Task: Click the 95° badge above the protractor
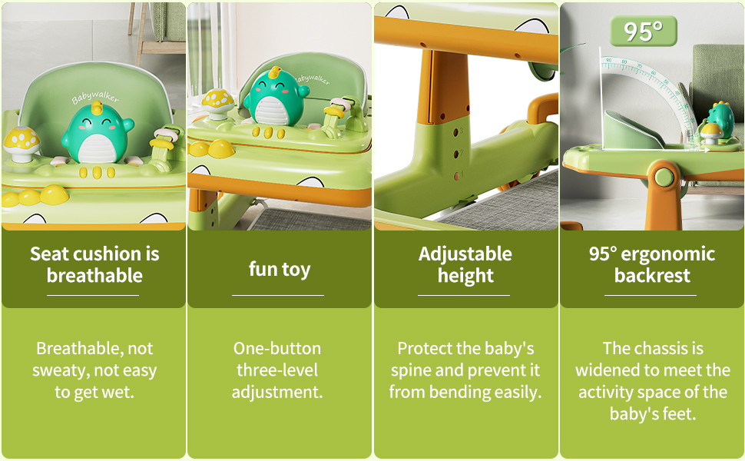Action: click(644, 31)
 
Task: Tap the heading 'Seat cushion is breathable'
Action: click(94, 265)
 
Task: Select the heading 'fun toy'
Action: click(280, 270)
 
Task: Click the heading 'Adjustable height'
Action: click(465, 265)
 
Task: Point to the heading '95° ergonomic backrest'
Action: click(652, 265)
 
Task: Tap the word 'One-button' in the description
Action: click(277, 348)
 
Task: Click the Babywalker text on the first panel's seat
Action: click(95, 97)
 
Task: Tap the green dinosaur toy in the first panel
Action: click(97, 134)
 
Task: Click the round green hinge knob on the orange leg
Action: click(664, 177)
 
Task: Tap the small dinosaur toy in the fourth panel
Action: click(717, 120)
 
